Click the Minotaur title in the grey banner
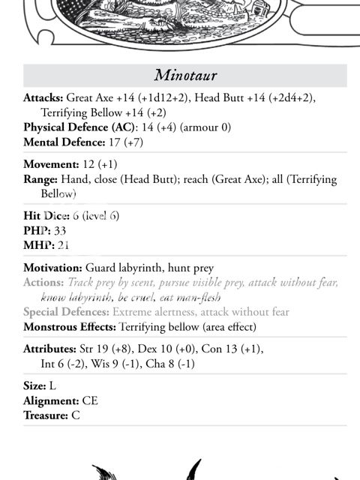pyautogui.click(x=184, y=75)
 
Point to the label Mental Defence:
pyautogui.click(x=62, y=142)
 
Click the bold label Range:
pyautogui.click(x=40, y=179)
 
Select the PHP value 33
pyautogui.click(x=60, y=230)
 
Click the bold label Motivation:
pyautogui.click(x=52, y=268)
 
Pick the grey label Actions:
pyautogui.click(x=43, y=283)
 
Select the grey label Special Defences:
pyautogui.click(x=66, y=312)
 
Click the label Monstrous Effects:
pyautogui.click(x=70, y=327)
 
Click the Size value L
pyautogui.click(x=52, y=385)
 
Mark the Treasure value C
pyautogui.click(x=75, y=415)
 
